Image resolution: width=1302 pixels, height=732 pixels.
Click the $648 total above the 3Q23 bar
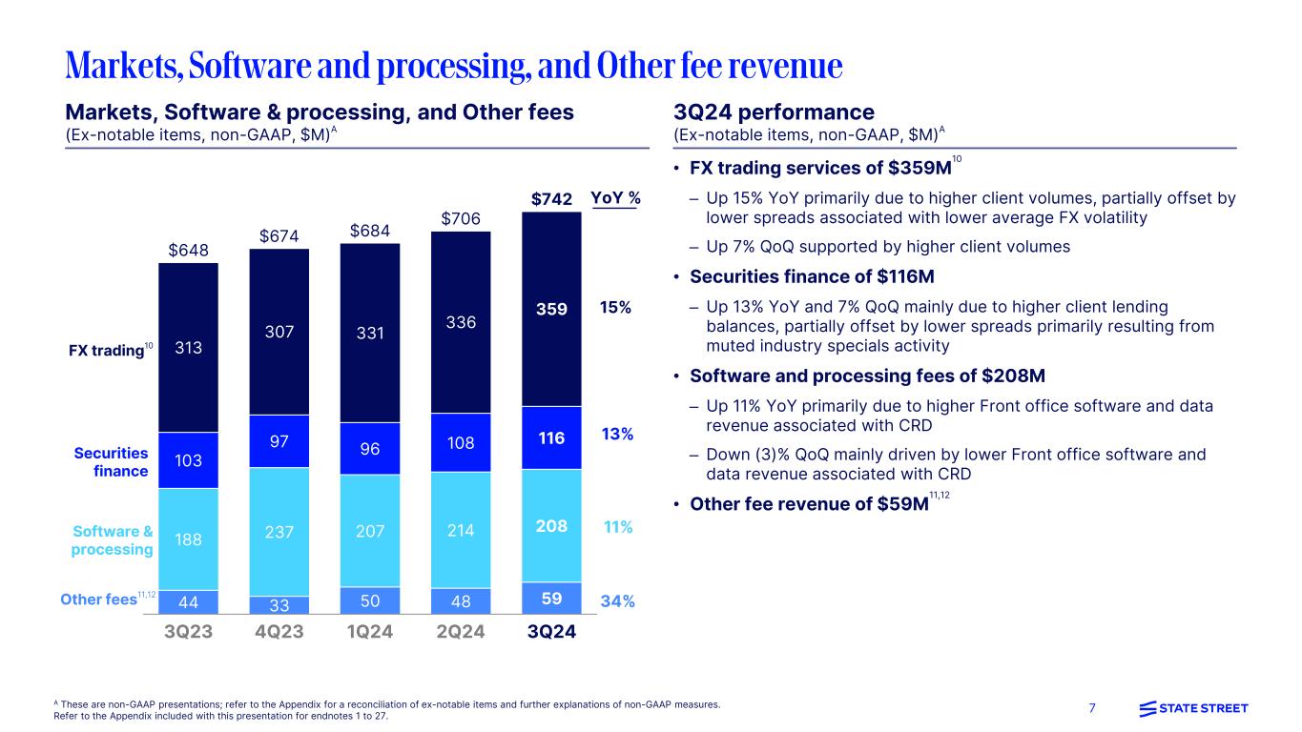point(188,251)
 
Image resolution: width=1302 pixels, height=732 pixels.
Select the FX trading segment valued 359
point(551,309)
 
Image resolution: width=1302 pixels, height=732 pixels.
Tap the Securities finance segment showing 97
point(279,440)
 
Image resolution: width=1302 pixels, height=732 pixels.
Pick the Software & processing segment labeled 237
point(279,531)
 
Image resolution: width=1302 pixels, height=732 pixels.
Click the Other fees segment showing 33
point(279,605)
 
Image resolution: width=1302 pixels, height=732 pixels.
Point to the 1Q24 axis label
point(369,632)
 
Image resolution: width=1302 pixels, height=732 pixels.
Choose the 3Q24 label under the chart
point(551,632)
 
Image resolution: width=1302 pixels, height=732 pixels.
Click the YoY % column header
point(614,199)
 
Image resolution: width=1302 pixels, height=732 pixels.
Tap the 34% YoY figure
point(618,601)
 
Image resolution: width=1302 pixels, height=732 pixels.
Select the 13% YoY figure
point(618,435)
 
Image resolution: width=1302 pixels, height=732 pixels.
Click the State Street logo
point(1193,708)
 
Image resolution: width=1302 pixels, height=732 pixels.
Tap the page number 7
point(1092,708)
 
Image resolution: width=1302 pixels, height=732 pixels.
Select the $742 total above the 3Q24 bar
point(551,199)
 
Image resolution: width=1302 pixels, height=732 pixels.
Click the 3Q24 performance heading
point(774,112)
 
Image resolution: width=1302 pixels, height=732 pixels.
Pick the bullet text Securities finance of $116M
point(812,276)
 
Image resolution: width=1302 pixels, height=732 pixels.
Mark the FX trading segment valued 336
point(461,322)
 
